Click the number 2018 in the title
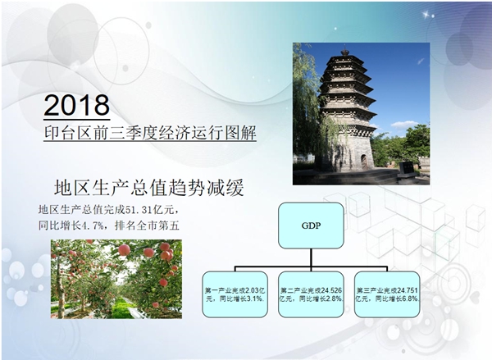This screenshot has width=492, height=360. tap(77, 105)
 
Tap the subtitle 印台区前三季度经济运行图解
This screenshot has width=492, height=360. tap(150, 133)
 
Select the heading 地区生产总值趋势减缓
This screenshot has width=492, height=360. tap(149, 188)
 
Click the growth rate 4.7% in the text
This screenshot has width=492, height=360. tap(92, 226)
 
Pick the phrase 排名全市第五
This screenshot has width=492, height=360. tap(147, 226)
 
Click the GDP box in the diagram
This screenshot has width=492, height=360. tap(311, 226)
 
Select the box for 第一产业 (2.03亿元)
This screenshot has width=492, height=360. tap(235, 294)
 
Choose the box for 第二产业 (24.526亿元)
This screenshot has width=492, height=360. tap(311, 294)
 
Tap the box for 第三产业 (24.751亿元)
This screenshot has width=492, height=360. tap(387, 294)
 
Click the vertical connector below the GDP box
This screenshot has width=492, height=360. tap(311, 257)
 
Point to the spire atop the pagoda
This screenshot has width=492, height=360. tap(345, 50)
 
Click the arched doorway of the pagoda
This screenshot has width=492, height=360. tap(364, 162)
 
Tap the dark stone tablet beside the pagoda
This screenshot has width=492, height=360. tap(408, 168)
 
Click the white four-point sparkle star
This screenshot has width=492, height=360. tap(426, 14)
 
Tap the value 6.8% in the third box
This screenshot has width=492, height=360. tap(411, 298)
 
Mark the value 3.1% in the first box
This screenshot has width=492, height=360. tap(255, 298)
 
